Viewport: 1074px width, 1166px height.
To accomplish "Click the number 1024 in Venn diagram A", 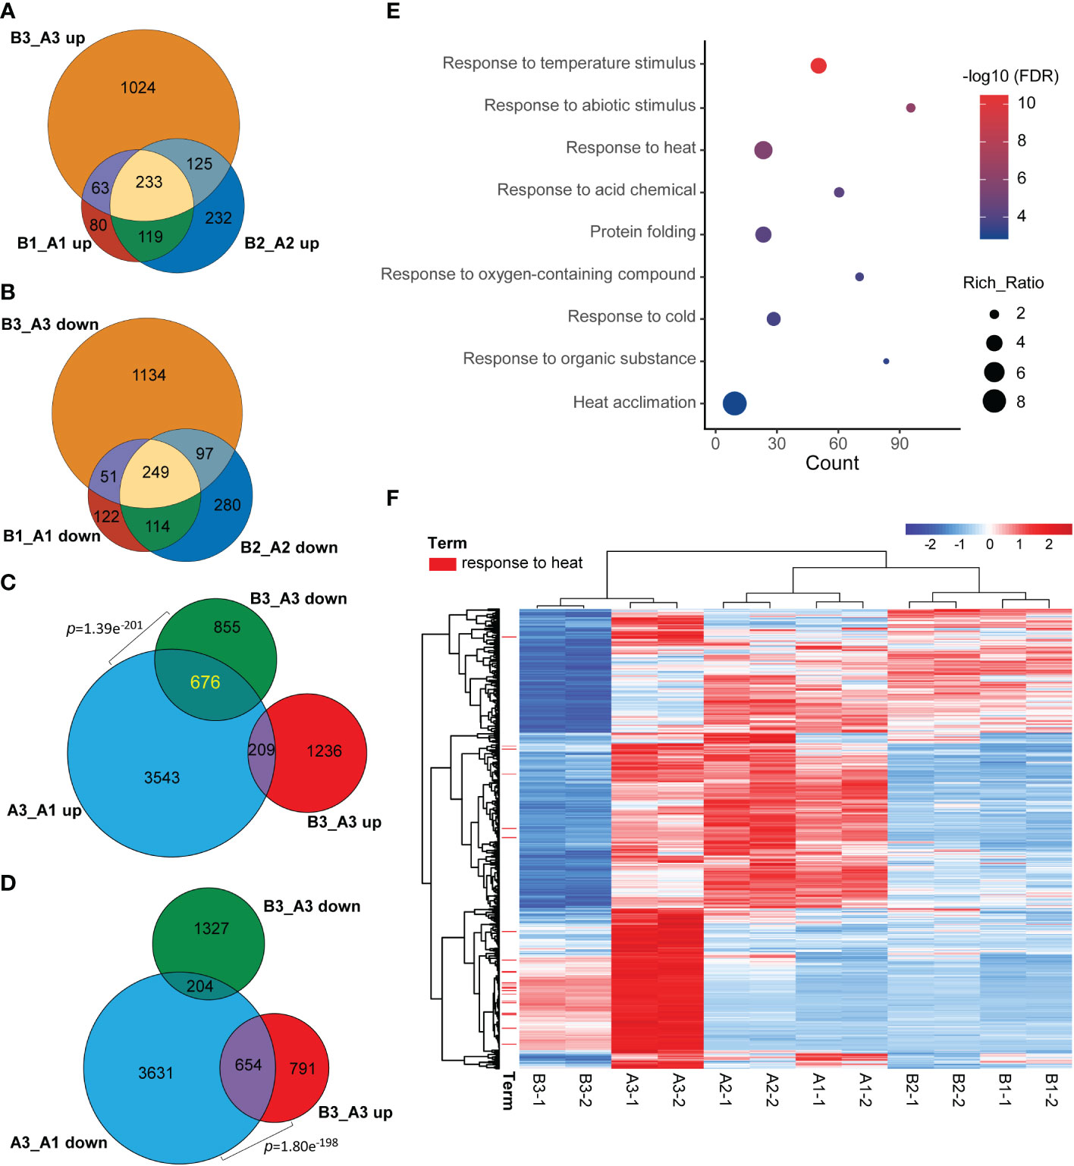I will click(x=138, y=88).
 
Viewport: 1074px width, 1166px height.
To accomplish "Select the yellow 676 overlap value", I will click(x=205, y=682).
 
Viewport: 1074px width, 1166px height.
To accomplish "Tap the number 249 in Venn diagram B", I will click(x=155, y=472).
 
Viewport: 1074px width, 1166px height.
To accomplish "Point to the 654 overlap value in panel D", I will click(x=248, y=1065).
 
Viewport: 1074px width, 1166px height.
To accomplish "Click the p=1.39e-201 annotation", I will click(x=105, y=628).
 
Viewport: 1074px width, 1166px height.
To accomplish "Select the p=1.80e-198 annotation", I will click(x=301, y=1145).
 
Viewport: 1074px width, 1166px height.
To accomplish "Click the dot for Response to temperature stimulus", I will click(x=818, y=66).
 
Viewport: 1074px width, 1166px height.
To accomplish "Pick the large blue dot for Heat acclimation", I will click(x=734, y=403).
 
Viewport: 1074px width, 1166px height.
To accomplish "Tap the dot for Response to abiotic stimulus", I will click(x=911, y=108).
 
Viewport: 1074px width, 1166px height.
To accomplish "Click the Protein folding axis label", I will click(x=642, y=232).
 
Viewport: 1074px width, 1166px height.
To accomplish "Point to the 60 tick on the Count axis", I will click(x=838, y=444).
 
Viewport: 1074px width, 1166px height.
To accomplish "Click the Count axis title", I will click(x=832, y=463).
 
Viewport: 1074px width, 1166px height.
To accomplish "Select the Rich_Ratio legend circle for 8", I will click(x=994, y=401).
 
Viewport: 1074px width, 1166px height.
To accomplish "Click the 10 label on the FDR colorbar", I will click(x=1026, y=103).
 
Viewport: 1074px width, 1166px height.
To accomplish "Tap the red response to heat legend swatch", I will click(x=442, y=564).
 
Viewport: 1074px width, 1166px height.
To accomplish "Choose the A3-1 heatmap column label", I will click(x=633, y=1090).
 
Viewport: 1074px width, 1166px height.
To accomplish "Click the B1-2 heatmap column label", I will click(x=1050, y=1090).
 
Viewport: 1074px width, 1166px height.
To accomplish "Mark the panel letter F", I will click(x=392, y=498).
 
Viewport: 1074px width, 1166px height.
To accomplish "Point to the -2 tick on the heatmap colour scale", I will click(x=930, y=544).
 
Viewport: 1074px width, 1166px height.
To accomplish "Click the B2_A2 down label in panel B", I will click(x=289, y=547).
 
